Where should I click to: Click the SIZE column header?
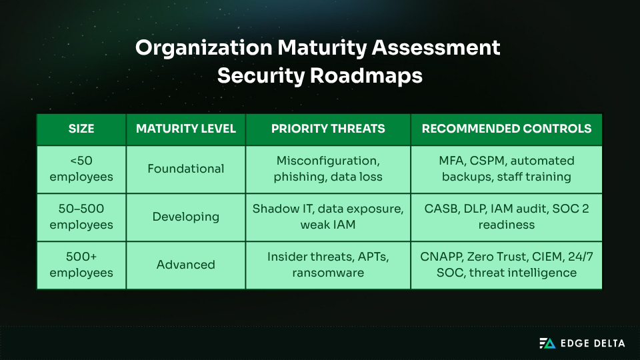(81, 129)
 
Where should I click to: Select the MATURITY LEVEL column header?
(186, 129)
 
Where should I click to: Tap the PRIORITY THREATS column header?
(328, 129)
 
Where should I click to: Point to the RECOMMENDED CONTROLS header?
(507, 129)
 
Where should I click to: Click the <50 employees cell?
(81, 169)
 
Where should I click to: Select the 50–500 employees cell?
(81, 217)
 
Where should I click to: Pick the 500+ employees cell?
(81, 265)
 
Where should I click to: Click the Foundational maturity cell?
(186, 169)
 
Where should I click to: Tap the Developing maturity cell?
(186, 217)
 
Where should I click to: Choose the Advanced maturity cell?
(186, 265)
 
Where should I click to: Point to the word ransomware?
(328, 273)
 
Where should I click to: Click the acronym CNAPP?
(441, 257)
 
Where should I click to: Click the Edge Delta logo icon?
(547, 343)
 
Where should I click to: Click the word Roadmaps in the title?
(365, 76)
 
